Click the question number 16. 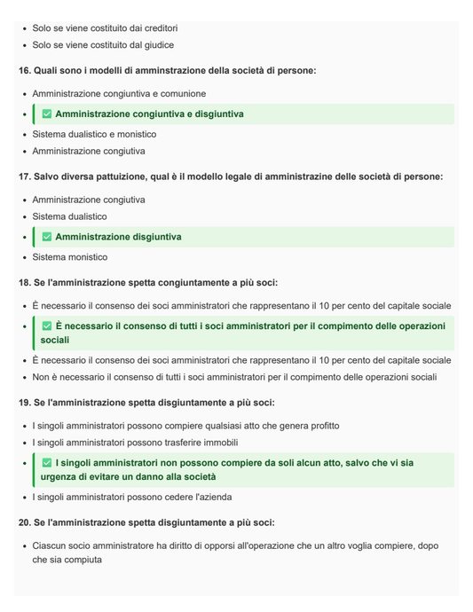tap(26, 70)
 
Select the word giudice tap(156, 44)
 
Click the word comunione tap(180, 93)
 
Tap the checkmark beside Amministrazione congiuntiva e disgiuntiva tap(47, 114)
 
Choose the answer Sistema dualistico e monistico tap(94, 134)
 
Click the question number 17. tap(26, 177)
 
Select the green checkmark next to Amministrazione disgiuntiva tap(47, 237)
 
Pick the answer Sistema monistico tap(70, 257)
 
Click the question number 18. tap(26, 282)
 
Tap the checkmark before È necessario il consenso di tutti tap(47, 326)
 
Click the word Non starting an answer tap(42, 377)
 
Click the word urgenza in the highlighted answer tap(59, 477)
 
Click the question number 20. tap(26, 522)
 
